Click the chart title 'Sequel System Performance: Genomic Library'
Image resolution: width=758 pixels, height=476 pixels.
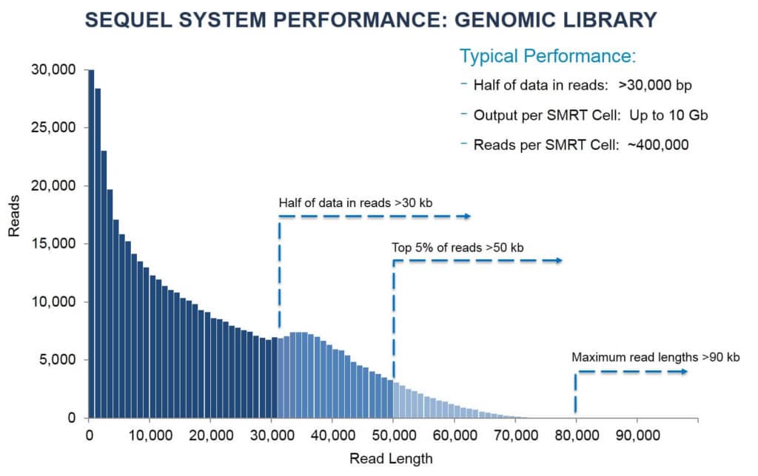pos(371,20)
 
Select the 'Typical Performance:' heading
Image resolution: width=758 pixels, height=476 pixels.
pos(548,56)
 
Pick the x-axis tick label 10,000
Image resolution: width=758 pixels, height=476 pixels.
pos(150,435)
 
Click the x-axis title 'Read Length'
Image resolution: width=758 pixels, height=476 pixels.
pos(390,458)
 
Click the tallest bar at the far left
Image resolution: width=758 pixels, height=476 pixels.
pos(91,244)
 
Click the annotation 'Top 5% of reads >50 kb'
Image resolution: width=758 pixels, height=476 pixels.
pos(457,247)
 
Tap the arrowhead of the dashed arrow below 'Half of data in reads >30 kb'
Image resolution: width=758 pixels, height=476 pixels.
pos(466,216)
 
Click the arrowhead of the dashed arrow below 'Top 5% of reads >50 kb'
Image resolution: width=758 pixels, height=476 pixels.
pos(558,260)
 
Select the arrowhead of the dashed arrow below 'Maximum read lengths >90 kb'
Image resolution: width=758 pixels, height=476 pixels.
pos(683,371)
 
